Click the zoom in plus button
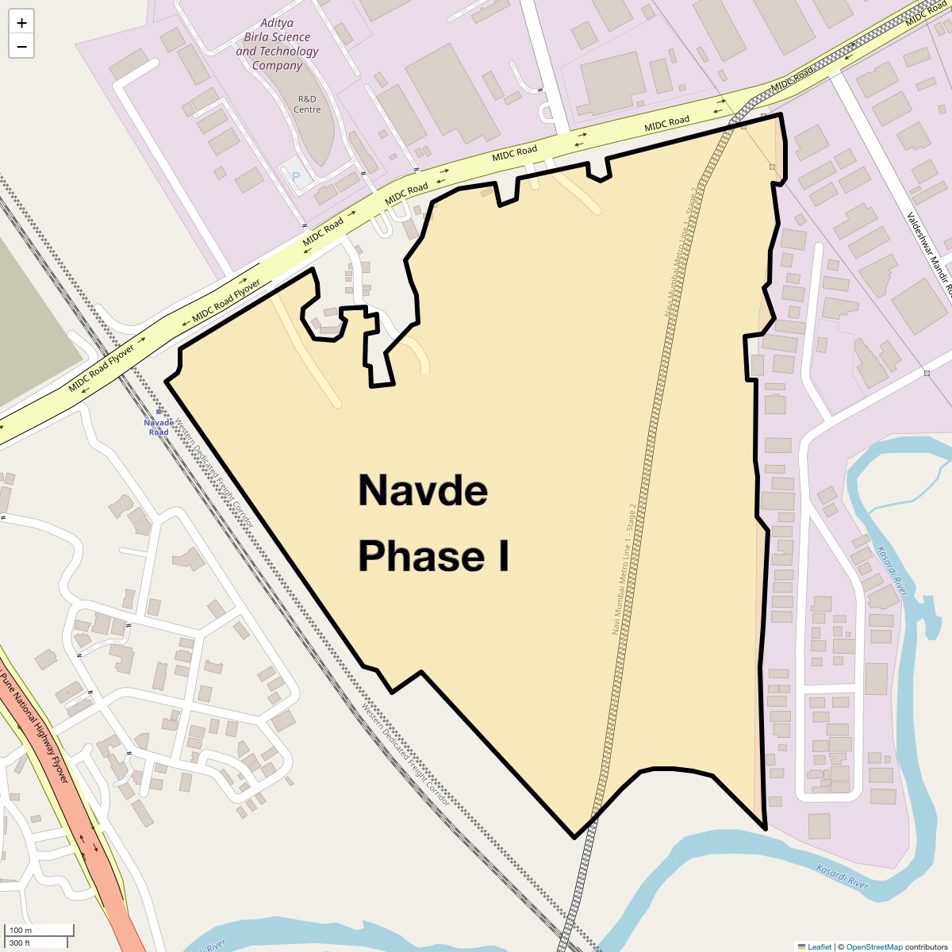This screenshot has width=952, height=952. (21, 23)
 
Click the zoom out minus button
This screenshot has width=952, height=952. (21, 47)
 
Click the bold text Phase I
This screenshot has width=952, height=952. (433, 556)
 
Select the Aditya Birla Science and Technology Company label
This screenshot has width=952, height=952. (277, 44)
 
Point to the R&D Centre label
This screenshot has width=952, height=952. (307, 104)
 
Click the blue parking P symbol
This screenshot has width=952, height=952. (297, 177)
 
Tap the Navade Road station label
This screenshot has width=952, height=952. (159, 428)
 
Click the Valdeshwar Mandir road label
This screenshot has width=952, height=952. (929, 254)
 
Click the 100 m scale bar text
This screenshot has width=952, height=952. (21, 930)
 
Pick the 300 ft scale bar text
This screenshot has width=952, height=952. (20, 943)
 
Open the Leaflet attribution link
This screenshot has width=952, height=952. (820, 946)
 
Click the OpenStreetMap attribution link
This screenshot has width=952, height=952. (873, 946)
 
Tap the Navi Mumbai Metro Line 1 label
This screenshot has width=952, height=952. (624, 569)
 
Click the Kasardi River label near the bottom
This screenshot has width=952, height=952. (843, 876)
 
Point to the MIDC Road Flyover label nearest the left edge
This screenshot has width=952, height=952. (101, 367)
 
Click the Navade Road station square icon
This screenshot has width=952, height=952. (159, 411)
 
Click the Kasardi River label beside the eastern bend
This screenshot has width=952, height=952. (892, 570)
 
